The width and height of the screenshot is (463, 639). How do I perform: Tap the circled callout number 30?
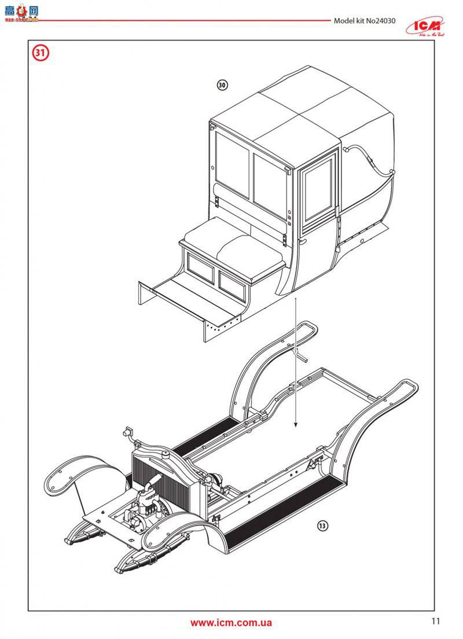pyautogui.click(x=222, y=85)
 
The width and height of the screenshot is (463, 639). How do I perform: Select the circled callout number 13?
pyautogui.click(x=322, y=526)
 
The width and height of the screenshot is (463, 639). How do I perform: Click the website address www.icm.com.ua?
pyautogui.click(x=231, y=623)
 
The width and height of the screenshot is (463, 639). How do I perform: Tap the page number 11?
pyautogui.click(x=435, y=622)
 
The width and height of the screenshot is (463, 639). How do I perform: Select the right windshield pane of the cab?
pyautogui.click(x=270, y=177)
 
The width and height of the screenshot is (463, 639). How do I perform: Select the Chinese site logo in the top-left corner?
pyautogui.click(x=21, y=13)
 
